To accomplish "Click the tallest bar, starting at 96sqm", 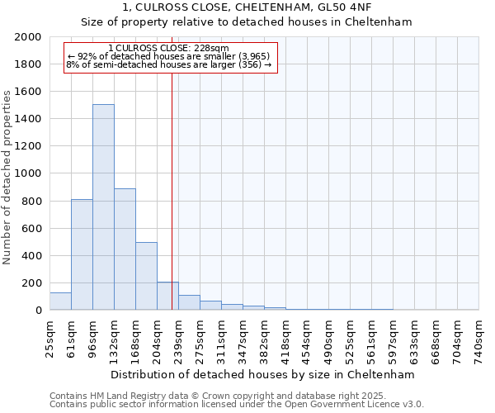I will [103, 206].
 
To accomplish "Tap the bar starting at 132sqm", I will [125, 249].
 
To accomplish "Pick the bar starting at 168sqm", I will [146, 276].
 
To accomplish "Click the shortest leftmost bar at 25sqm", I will [60, 301].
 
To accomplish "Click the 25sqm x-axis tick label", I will [50, 336].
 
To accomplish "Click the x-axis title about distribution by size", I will [263, 374].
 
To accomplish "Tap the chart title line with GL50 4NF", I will [247, 7].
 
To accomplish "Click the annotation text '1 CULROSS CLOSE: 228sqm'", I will [168, 48].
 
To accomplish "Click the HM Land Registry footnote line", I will [237, 396].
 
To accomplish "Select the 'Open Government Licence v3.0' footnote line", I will [237, 405].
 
